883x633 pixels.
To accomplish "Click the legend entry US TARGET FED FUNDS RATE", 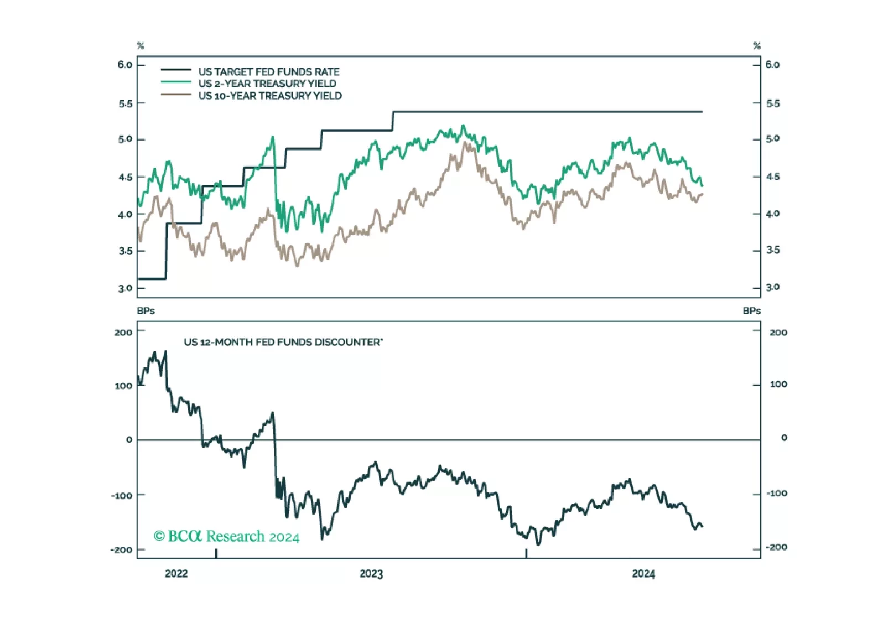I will pos(268,71).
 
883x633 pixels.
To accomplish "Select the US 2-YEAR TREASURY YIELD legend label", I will pos(267,84).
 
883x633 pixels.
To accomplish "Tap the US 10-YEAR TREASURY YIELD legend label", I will pos(269,96).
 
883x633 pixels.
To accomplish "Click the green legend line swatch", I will pos(175,82).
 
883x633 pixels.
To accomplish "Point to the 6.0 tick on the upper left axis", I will pos(125,65).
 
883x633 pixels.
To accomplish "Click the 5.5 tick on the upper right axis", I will pos(772,103).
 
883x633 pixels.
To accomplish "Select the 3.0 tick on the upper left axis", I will pos(125,288).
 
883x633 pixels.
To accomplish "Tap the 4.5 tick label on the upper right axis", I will pos(772,177).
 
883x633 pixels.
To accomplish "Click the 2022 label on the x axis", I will pos(176,574).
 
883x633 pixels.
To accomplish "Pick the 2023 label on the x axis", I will pos(371,574).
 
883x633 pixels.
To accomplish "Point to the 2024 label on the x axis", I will pos(643,574).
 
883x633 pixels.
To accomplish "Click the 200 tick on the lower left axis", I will pos(123,333).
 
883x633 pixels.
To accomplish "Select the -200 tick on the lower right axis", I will pos(776,547).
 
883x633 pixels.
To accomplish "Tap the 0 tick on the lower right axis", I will pos(784,438).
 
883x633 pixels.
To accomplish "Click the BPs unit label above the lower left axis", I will pos(146,311).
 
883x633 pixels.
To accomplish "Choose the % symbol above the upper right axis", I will pos(757,46).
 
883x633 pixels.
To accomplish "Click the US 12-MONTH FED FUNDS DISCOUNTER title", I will pos(283,342).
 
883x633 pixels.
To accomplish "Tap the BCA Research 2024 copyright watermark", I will pos(226,536).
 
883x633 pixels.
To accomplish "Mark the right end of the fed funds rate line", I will pos(702,112).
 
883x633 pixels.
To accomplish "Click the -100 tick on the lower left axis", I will pos(122,495).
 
